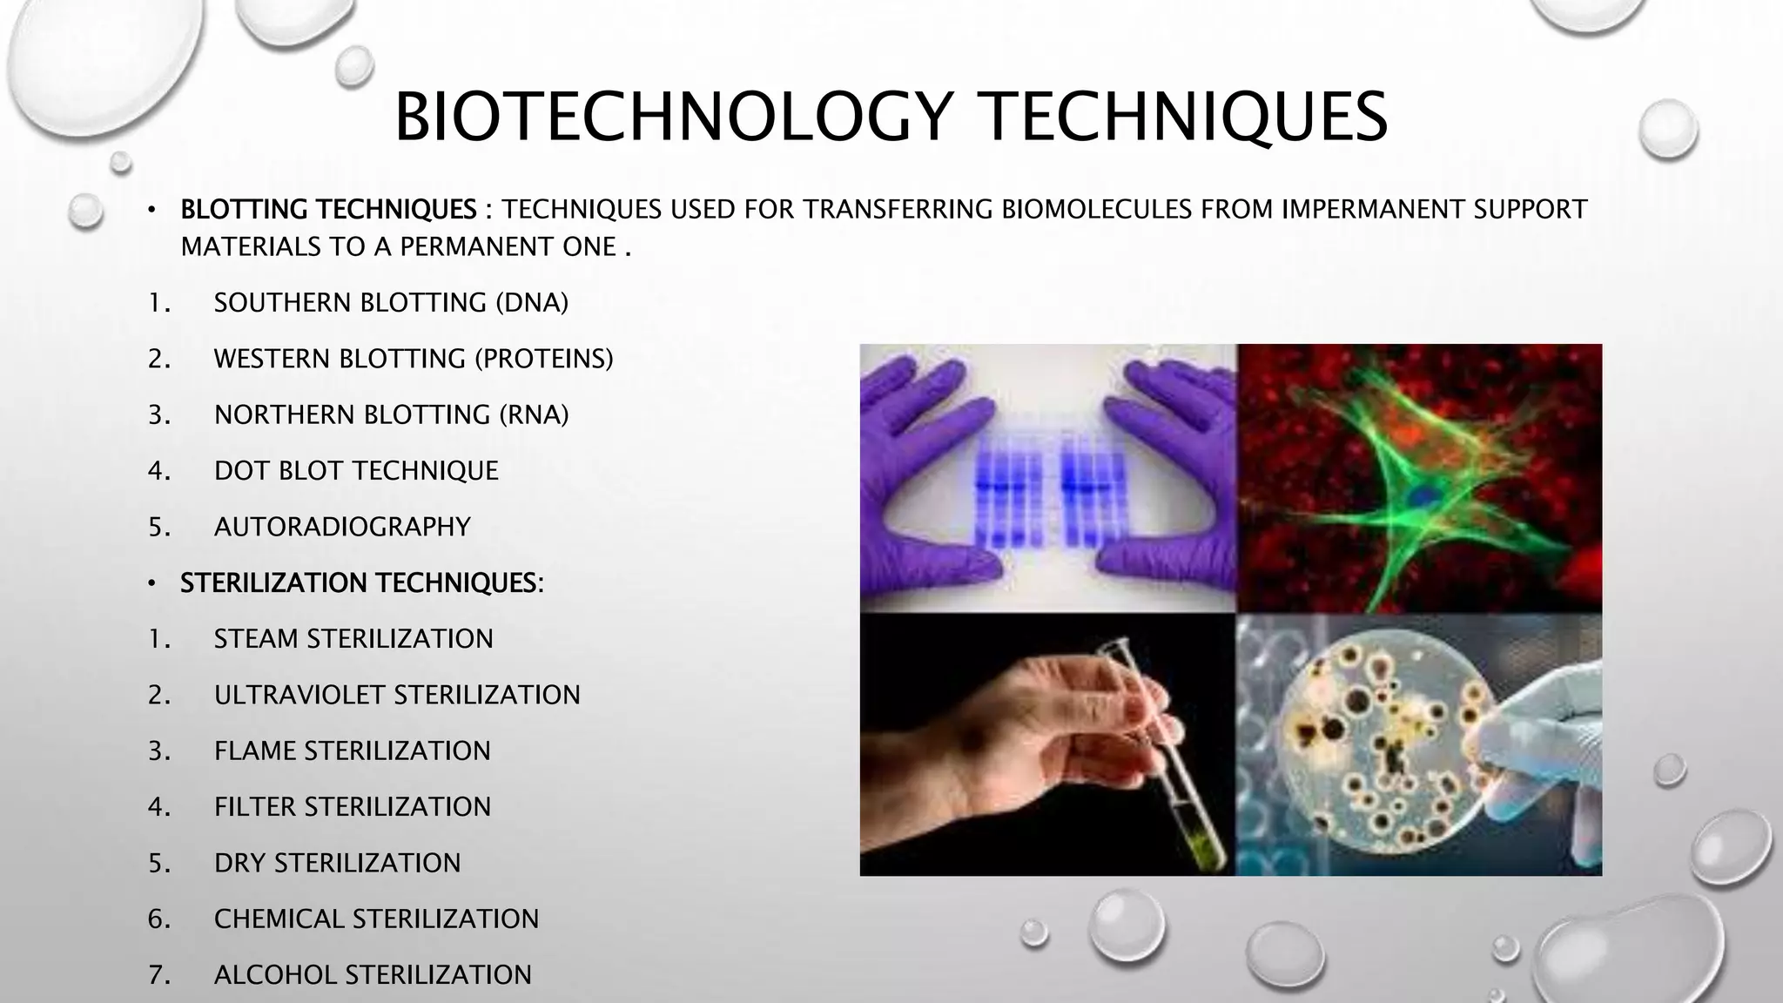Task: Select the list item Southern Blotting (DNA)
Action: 391,303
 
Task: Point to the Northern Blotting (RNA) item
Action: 391,414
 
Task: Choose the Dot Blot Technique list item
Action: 356,471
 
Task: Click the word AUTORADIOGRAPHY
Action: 342,527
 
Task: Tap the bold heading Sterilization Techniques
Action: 361,582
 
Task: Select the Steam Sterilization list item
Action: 353,639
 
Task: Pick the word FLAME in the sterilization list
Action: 255,751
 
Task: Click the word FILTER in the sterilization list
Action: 255,807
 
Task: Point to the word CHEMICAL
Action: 279,919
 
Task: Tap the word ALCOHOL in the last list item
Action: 276,974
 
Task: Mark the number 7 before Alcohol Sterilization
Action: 157,974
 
